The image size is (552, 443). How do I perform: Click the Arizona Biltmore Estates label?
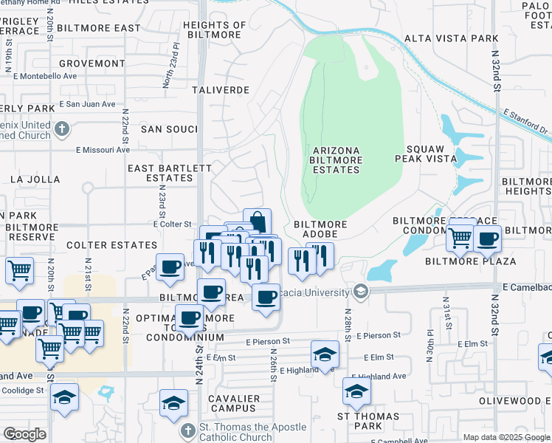[336, 159]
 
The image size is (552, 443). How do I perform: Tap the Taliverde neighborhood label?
[221, 89]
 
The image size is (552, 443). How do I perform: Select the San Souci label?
[170, 128]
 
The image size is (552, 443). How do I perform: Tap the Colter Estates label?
[111, 244]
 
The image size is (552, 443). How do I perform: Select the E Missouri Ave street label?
[103, 149]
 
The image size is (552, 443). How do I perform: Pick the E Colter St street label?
[172, 224]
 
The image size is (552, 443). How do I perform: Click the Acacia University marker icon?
[361, 291]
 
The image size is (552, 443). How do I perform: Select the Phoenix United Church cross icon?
[62, 129]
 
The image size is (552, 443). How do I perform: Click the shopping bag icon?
[257, 221]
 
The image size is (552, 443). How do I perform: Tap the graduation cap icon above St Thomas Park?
[356, 391]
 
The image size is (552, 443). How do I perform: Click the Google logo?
[24, 434]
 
